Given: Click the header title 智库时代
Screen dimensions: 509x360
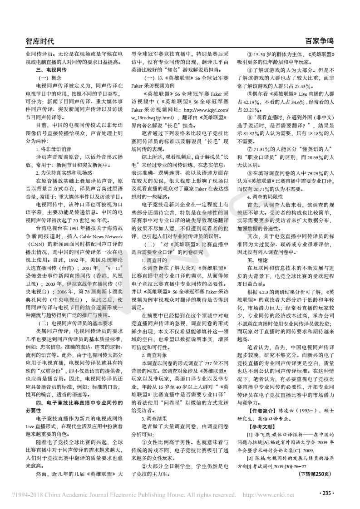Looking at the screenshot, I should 40,41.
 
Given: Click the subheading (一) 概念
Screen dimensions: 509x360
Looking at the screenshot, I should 46,78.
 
